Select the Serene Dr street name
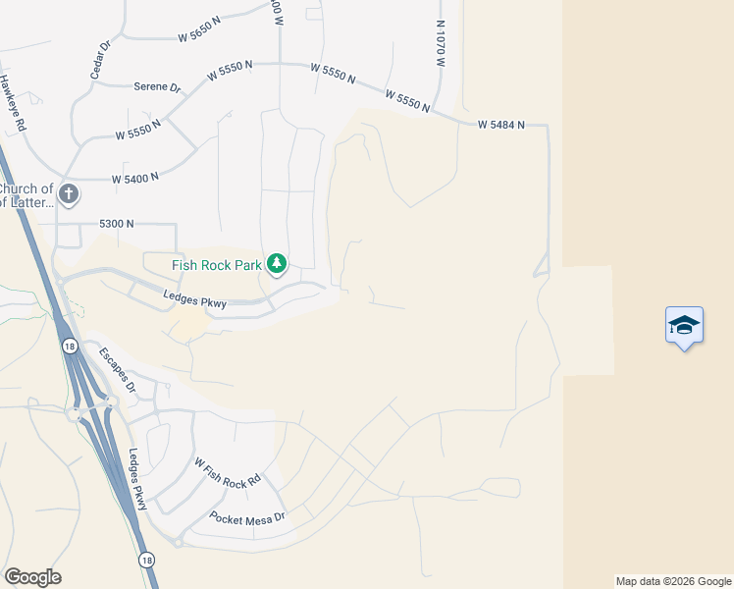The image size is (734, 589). (x=157, y=87)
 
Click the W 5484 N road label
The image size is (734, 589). (x=501, y=126)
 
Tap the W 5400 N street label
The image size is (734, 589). (x=134, y=180)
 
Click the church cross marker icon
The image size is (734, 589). (x=69, y=193)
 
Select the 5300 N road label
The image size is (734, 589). (x=116, y=224)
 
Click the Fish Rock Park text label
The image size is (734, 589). (x=217, y=264)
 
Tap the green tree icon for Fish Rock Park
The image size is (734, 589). (x=277, y=263)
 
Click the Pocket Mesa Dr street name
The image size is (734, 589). (x=246, y=517)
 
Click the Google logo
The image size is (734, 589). (x=32, y=577)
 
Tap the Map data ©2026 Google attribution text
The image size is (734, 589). (x=672, y=581)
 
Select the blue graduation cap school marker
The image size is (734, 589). (x=683, y=326)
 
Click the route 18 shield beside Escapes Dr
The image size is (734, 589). (x=69, y=346)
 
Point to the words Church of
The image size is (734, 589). (x=26, y=189)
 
